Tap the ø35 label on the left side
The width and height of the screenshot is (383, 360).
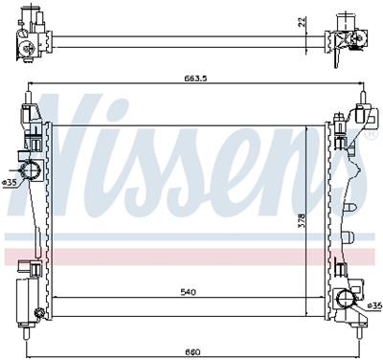(9, 181)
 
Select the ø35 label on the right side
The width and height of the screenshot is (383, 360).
(373, 304)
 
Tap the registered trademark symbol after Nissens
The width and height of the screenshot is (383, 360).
(370, 134)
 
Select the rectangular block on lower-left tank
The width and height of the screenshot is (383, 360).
(24, 291)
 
